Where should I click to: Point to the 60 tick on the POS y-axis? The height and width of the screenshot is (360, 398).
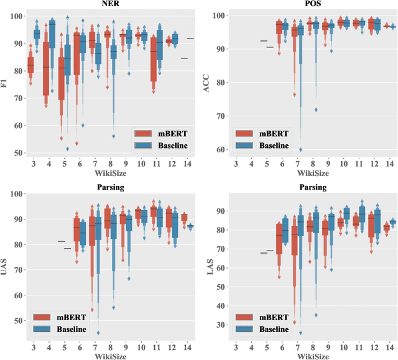[x=220, y=150]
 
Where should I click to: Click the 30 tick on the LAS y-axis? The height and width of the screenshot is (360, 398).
[x=220, y=325]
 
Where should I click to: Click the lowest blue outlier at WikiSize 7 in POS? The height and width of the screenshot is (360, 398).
[x=300, y=149]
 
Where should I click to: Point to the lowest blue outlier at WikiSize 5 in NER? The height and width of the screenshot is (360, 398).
[x=67, y=149]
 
